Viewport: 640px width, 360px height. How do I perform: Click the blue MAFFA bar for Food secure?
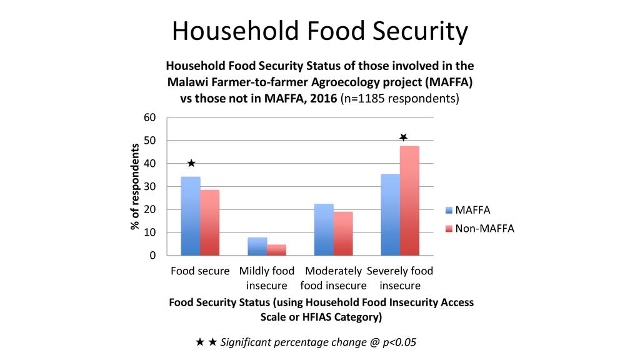(x=191, y=216)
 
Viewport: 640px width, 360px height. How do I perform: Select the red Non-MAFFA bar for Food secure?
(x=210, y=222)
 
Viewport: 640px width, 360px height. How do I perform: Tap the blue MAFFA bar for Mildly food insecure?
(x=257, y=246)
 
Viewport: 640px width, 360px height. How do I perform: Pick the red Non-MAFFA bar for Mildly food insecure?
(x=276, y=250)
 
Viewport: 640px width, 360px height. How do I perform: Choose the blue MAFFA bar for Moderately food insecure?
(x=324, y=229)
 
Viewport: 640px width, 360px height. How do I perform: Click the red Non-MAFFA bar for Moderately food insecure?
(x=343, y=234)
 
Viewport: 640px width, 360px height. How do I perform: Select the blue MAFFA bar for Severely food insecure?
(x=391, y=214)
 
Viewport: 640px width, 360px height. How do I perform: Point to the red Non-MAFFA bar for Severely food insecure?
(x=410, y=201)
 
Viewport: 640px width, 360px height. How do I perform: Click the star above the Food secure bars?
(x=191, y=163)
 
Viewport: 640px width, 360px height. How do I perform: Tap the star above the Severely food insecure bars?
(x=404, y=137)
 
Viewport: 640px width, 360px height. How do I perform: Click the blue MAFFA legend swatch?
(x=448, y=211)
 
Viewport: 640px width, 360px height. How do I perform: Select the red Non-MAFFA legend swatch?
(x=448, y=229)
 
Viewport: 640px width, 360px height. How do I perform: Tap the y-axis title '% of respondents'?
(x=135, y=186)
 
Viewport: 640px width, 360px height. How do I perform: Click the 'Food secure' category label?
(x=200, y=271)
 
